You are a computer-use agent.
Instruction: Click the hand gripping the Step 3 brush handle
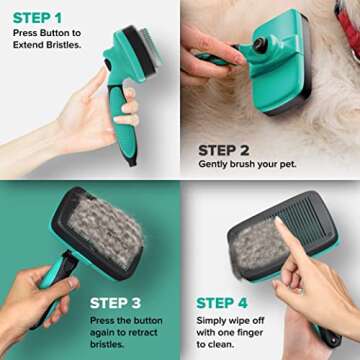[x=35, y=300]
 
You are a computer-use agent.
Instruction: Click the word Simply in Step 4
[x=215, y=319]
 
